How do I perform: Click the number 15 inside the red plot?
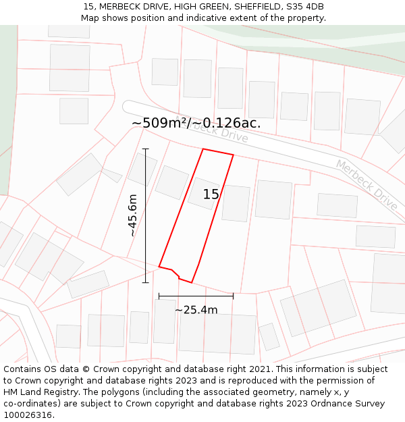click(x=211, y=194)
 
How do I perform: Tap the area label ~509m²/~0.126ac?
click(x=196, y=124)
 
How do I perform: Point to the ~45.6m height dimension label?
click(x=133, y=215)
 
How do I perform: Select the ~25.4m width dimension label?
click(x=196, y=310)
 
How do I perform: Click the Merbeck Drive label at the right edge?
click(x=367, y=184)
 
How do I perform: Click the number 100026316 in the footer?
click(x=28, y=415)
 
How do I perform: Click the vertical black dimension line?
click(x=145, y=216)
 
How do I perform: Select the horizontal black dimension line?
click(x=196, y=296)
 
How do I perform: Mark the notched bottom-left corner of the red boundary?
click(x=177, y=273)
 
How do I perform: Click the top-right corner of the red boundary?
click(x=233, y=155)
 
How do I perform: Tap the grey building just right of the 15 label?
click(x=236, y=203)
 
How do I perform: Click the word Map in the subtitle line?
click(x=90, y=18)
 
